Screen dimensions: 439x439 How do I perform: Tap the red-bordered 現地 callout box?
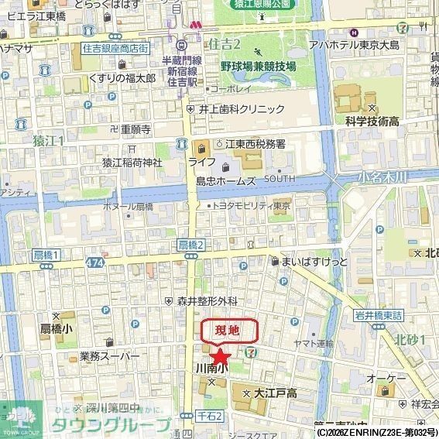pyautogui.click(x=230, y=331)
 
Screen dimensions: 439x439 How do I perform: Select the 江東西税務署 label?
pyautogui.click(x=255, y=144)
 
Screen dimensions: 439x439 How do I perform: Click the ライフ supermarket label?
pyautogui.click(x=201, y=162)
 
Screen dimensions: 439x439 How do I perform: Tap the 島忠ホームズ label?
pyautogui.click(x=225, y=181)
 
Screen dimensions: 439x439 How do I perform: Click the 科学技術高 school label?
pyautogui.click(x=372, y=122)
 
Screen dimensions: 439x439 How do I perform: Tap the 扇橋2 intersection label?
pyautogui.click(x=190, y=245)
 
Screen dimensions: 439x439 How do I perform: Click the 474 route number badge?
pyautogui.click(x=94, y=262)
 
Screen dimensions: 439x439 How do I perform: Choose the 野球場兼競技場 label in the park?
pyautogui.click(x=258, y=67)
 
